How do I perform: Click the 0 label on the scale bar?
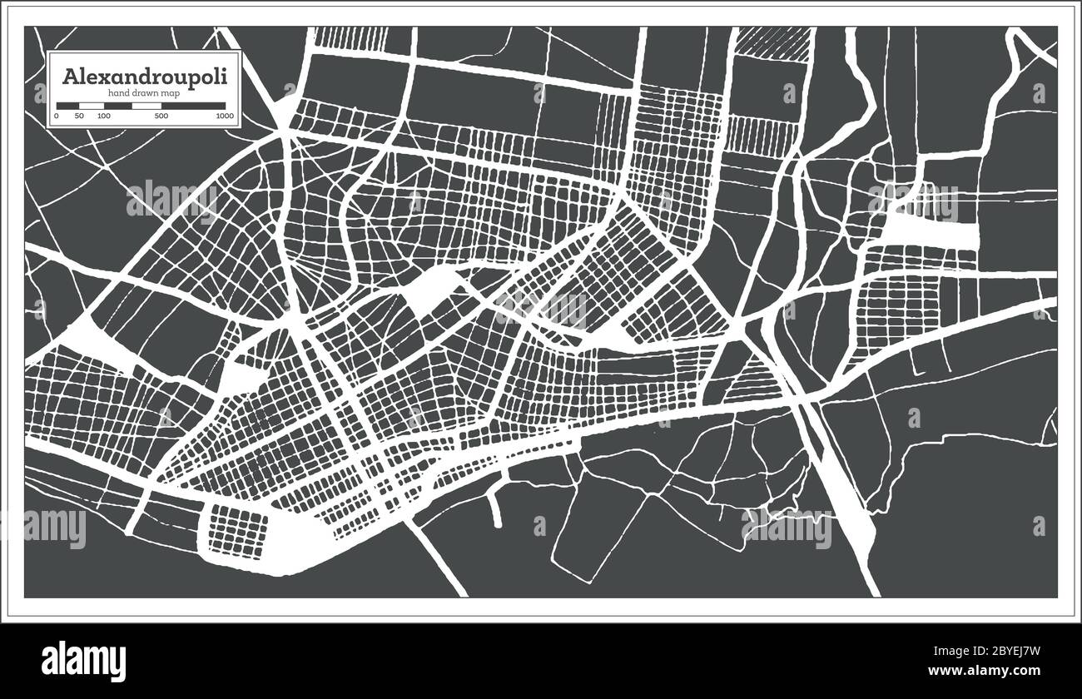coord(57,116)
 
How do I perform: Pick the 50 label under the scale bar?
coord(79,116)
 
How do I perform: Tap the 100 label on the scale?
coord(103,116)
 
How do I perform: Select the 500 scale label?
coord(161,116)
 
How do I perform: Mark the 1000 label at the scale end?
coord(224,116)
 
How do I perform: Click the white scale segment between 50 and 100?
coord(92,106)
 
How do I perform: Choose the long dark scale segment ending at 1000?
coord(193,106)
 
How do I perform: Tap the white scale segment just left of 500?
coord(146,106)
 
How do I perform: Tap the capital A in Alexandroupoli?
coord(70,75)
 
